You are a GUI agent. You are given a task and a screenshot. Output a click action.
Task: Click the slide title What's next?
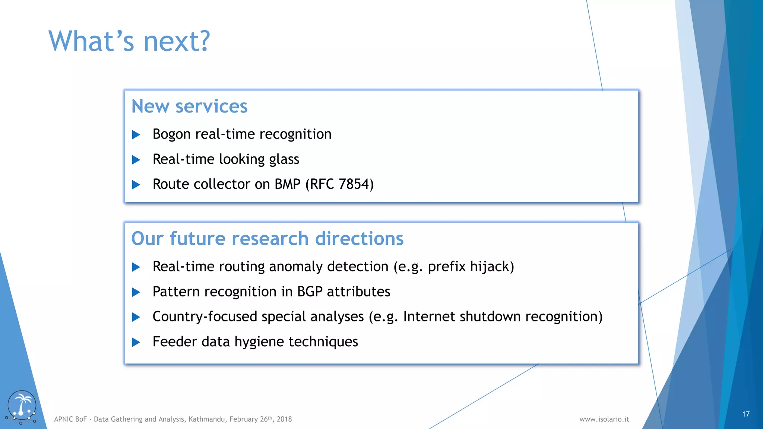tap(129, 41)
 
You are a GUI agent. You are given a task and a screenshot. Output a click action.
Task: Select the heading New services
tap(189, 106)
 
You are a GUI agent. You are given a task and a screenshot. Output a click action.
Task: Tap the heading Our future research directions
tap(267, 238)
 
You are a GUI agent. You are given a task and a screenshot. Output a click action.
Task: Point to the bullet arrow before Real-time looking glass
tap(136, 160)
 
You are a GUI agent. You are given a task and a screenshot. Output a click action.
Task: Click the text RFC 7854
tap(340, 184)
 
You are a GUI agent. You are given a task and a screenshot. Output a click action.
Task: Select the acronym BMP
tap(287, 184)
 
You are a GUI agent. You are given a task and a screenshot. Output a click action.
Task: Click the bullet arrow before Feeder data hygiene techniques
tap(136, 342)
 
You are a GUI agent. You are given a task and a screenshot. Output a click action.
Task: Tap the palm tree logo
tap(22, 407)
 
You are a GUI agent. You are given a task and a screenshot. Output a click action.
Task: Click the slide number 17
tap(745, 414)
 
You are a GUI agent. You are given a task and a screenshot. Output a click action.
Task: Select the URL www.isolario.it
tap(604, 419)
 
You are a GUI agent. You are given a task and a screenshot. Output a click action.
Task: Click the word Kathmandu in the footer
tap(207, 419)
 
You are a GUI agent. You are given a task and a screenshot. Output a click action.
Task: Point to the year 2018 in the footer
tap(284, 419)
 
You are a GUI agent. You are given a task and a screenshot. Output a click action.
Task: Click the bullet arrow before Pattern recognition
tap(136, 292)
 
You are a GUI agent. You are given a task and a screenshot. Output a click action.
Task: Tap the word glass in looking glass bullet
tap(284, 159)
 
